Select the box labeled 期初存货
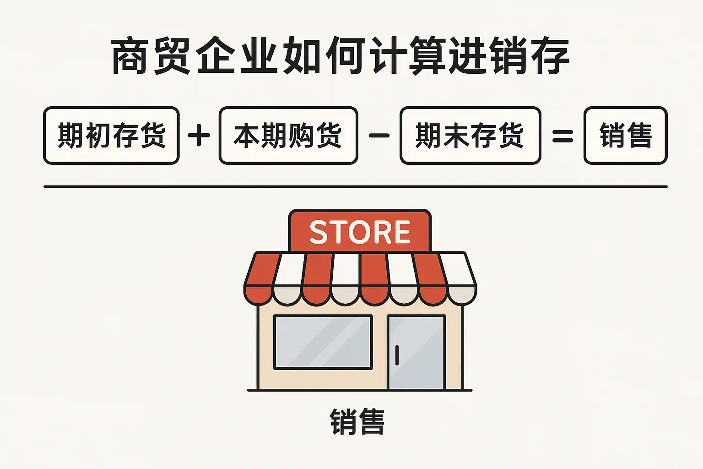[111, 136]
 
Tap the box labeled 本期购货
[288, 136]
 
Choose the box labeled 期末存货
[470, 136]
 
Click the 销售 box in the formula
[625, 136]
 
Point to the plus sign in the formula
[199, 136]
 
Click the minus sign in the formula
[379, 136]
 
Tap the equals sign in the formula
[562, 136]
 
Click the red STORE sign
[360, 231]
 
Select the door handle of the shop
[397, 355]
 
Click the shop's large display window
[323, 342]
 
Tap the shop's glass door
[416, 352]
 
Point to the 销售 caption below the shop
[357, 422]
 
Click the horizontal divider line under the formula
[355, 187]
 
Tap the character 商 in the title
[130, 57]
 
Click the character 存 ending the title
[550, 57]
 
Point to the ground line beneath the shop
[360, 390]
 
